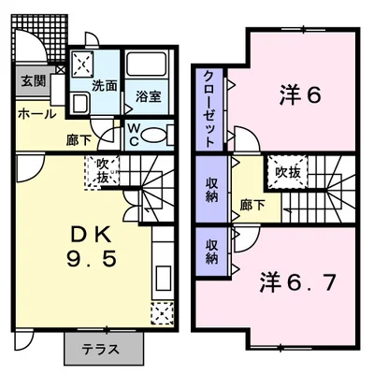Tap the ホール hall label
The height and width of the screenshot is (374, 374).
click(x=36, y=114)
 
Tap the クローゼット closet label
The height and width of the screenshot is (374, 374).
click(x=208, y=108)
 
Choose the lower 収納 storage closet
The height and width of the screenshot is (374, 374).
click(x=211, y=250)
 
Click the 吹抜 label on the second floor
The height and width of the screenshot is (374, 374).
click(x=285, y=172)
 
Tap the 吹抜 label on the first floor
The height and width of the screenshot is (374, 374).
click(x=101, y=171)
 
